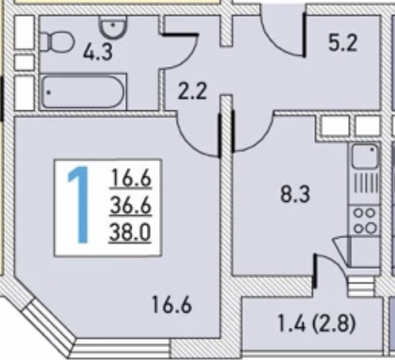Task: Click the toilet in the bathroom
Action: click(x=57, y=41)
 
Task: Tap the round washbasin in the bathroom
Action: click(x=113, y=27)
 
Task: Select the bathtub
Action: click(x=83, y=92)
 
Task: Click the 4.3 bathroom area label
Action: click(x=97, y=53)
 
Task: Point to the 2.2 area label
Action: click(x=192, y=91)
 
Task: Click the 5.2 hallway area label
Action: click(x=343, y=43)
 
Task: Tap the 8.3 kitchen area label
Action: click(x=295, y=194)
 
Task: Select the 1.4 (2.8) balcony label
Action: click(x=316, y=323)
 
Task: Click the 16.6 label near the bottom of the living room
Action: click(x=172, y=305)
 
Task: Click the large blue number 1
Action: click(x=80, y=205)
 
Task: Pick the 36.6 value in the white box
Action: click(x=131, y=205)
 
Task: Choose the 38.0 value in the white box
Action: click(x=130, y=233)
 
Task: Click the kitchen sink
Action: click(x=364, y=157)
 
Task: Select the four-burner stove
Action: click(x=364, y=221)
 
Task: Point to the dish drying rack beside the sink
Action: click(x=366, y=184)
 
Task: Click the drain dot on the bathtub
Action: click(x=48, y=92)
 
